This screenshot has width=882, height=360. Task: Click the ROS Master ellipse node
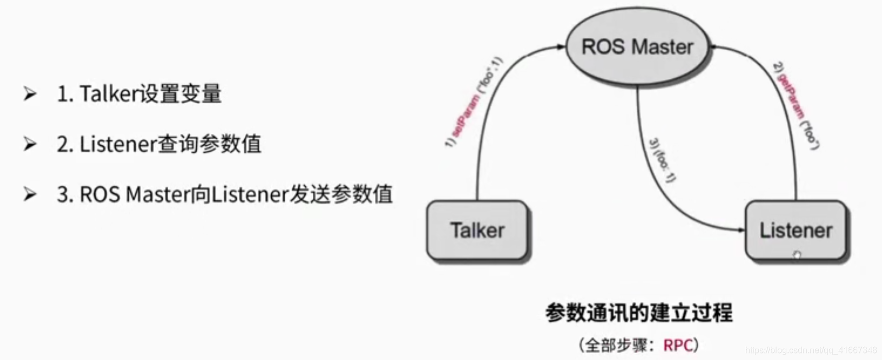pos(637,47)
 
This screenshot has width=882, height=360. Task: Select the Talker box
pos(477,230)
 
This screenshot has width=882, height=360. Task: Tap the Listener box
pos(796,230)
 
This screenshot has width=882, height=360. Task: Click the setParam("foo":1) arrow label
pos(474,103)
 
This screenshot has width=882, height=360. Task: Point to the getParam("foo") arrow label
pos(796,106)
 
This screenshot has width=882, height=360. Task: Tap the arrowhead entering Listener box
pos(741,230)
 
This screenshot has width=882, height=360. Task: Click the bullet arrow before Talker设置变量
pos(30,94)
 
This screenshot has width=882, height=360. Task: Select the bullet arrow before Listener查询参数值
pos(30,144)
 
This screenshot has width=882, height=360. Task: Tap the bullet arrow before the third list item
pos(30,194)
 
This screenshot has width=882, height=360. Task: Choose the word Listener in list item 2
pos(118,144)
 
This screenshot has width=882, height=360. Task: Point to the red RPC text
pos(678,344)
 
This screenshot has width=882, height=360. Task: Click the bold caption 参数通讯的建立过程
pos(638,313)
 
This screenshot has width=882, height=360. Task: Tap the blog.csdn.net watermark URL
pos(811,350)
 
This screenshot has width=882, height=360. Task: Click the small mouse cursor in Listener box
pos(797,255)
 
